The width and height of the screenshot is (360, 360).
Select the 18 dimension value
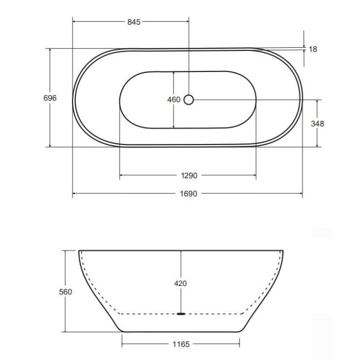[x=313, y=49]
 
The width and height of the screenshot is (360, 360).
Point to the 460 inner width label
[x=174, y=100]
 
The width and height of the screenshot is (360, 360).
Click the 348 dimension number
[x=317, y=123]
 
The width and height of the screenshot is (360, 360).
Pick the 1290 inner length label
[x=188, y=176]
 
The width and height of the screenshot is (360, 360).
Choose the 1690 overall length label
[x=188, y=194]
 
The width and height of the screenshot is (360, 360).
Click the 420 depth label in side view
[x=180, y=283]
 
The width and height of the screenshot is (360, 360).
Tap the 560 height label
[x=65, y=292]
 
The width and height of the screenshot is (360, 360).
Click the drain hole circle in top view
[x=189, y=99]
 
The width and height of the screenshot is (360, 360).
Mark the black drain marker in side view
[x=181, y=313]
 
